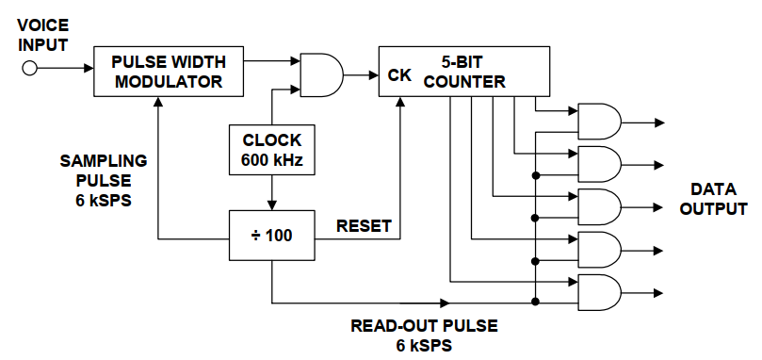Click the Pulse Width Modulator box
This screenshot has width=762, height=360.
[169, 72]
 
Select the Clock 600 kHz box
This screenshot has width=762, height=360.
[271, 149]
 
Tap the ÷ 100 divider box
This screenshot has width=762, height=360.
[271, 235]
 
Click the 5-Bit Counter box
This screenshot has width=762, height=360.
[464, 72]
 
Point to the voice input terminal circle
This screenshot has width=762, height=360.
[29, 69]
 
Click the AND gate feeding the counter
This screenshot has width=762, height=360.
[322, 74]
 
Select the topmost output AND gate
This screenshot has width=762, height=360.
[599, 122]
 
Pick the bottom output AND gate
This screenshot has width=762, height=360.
[599, 293]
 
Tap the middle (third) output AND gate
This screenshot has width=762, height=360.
[599, 207]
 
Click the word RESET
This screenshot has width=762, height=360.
[364, 226]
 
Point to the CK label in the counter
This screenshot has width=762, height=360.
[399, 75]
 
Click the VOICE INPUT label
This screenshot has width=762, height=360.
[42, 35]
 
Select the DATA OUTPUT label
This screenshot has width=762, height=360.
[713, 199]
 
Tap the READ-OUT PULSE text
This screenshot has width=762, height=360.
[424, 326]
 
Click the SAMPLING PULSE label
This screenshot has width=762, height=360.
[104, 171]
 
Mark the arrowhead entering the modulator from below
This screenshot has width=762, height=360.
[157, 101]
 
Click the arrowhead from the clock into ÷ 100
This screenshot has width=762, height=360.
[271, 205]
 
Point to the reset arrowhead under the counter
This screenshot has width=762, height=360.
[400, 101]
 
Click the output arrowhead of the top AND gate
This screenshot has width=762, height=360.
[659, 123]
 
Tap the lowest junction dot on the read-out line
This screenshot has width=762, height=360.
[535, 302]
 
